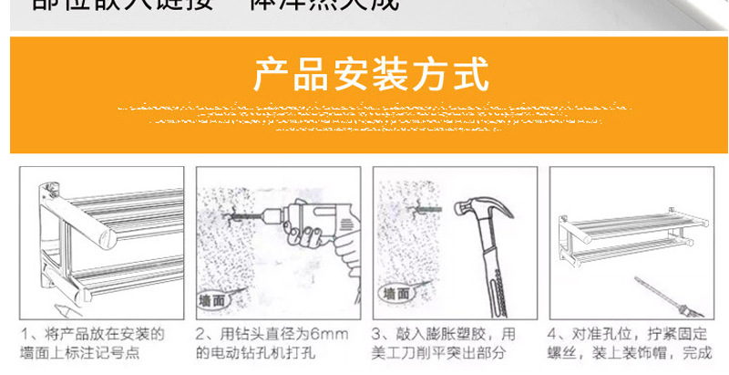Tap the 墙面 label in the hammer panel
click(x=395, y=293)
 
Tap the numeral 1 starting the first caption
click(x=26, y=335)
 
